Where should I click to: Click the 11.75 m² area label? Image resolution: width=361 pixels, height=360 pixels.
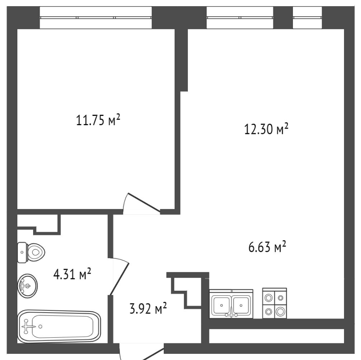[98, 120]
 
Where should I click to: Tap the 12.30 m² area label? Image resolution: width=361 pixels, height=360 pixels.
[266, 129]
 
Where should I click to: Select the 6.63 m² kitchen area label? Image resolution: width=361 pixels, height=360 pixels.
[267, 247]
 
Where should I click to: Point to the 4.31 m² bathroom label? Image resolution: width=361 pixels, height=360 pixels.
[72, 274]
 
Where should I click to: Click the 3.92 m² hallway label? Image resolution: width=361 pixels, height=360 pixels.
[148, 309]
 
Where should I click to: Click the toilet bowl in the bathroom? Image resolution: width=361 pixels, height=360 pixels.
[36, 252]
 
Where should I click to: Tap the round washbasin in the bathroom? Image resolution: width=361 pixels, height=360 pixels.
[27, 286]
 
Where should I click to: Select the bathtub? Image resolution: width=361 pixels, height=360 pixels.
[59, 326]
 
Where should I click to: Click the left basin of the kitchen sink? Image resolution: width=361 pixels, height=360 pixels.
[221, 305]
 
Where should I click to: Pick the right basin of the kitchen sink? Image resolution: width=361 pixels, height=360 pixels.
[241, 305]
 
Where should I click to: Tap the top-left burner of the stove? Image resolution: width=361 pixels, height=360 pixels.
[269, 298]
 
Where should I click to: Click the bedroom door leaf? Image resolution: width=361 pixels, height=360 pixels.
[144, 202]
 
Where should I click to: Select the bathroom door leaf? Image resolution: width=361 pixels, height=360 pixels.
[119, 279]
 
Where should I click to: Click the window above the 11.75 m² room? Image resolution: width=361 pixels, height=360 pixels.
[96, 17]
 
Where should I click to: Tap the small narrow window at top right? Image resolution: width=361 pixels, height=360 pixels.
[308, 17]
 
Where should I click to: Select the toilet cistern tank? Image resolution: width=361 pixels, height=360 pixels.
[22, 252]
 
